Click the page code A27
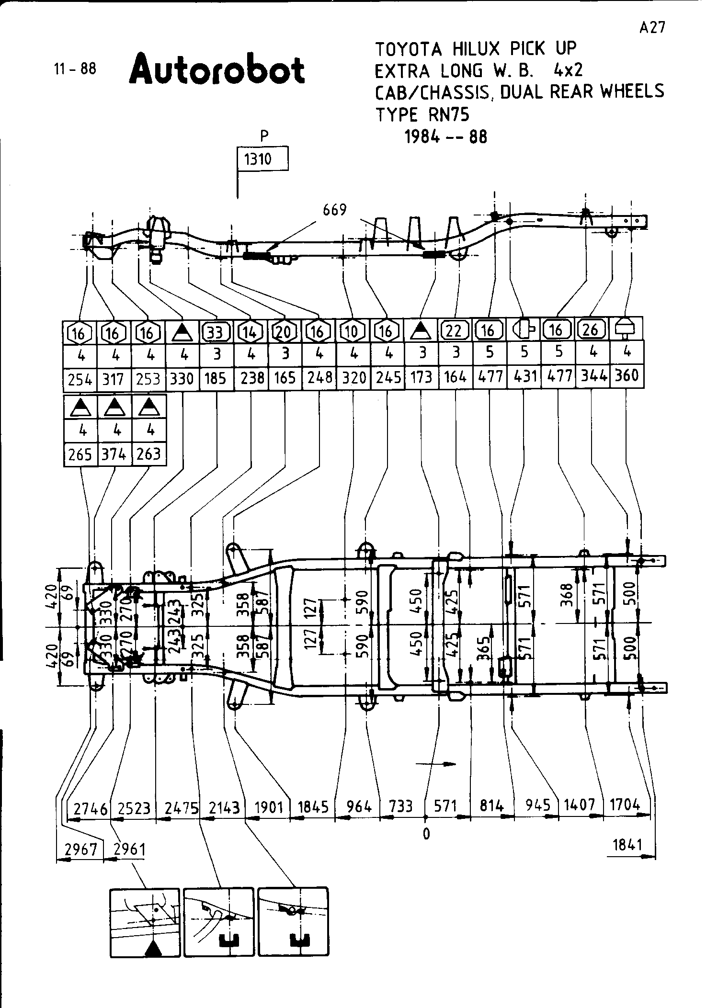pos(652,28)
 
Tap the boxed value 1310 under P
pos(259,159)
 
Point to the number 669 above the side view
pos(334,210)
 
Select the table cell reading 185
pos(216,379)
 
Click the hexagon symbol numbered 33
pos(217,331)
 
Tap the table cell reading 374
pos(114,453)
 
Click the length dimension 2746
pos(91,809)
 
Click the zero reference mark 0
pos(426,834)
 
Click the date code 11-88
pos(75,69)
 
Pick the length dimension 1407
pos(579,805)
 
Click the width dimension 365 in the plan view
pos(485,648)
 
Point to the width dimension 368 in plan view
pos(567,595)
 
